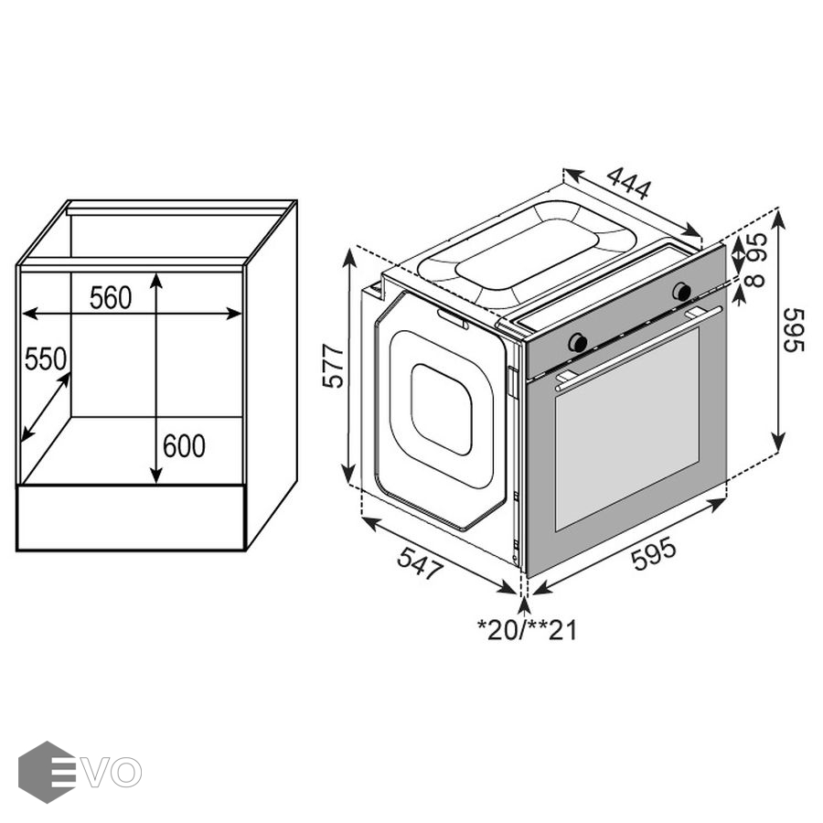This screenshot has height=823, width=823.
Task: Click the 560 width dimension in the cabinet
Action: click(x=111, y=298)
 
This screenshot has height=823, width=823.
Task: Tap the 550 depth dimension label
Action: click(x=46, y=359)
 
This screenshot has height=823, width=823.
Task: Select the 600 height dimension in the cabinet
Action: click(x=184, y=446)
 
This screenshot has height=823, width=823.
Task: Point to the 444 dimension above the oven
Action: click(x=629, y=183)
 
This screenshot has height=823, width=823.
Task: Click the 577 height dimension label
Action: click(x=333, y=366)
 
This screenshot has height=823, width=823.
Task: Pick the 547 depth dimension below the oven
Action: click(x=421, y=562)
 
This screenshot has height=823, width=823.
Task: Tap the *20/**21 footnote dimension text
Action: click(x=527, y=630)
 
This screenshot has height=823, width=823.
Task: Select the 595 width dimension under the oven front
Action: click(x=654, y=555)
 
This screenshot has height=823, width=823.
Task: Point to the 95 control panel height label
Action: click(x=757, y=247)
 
